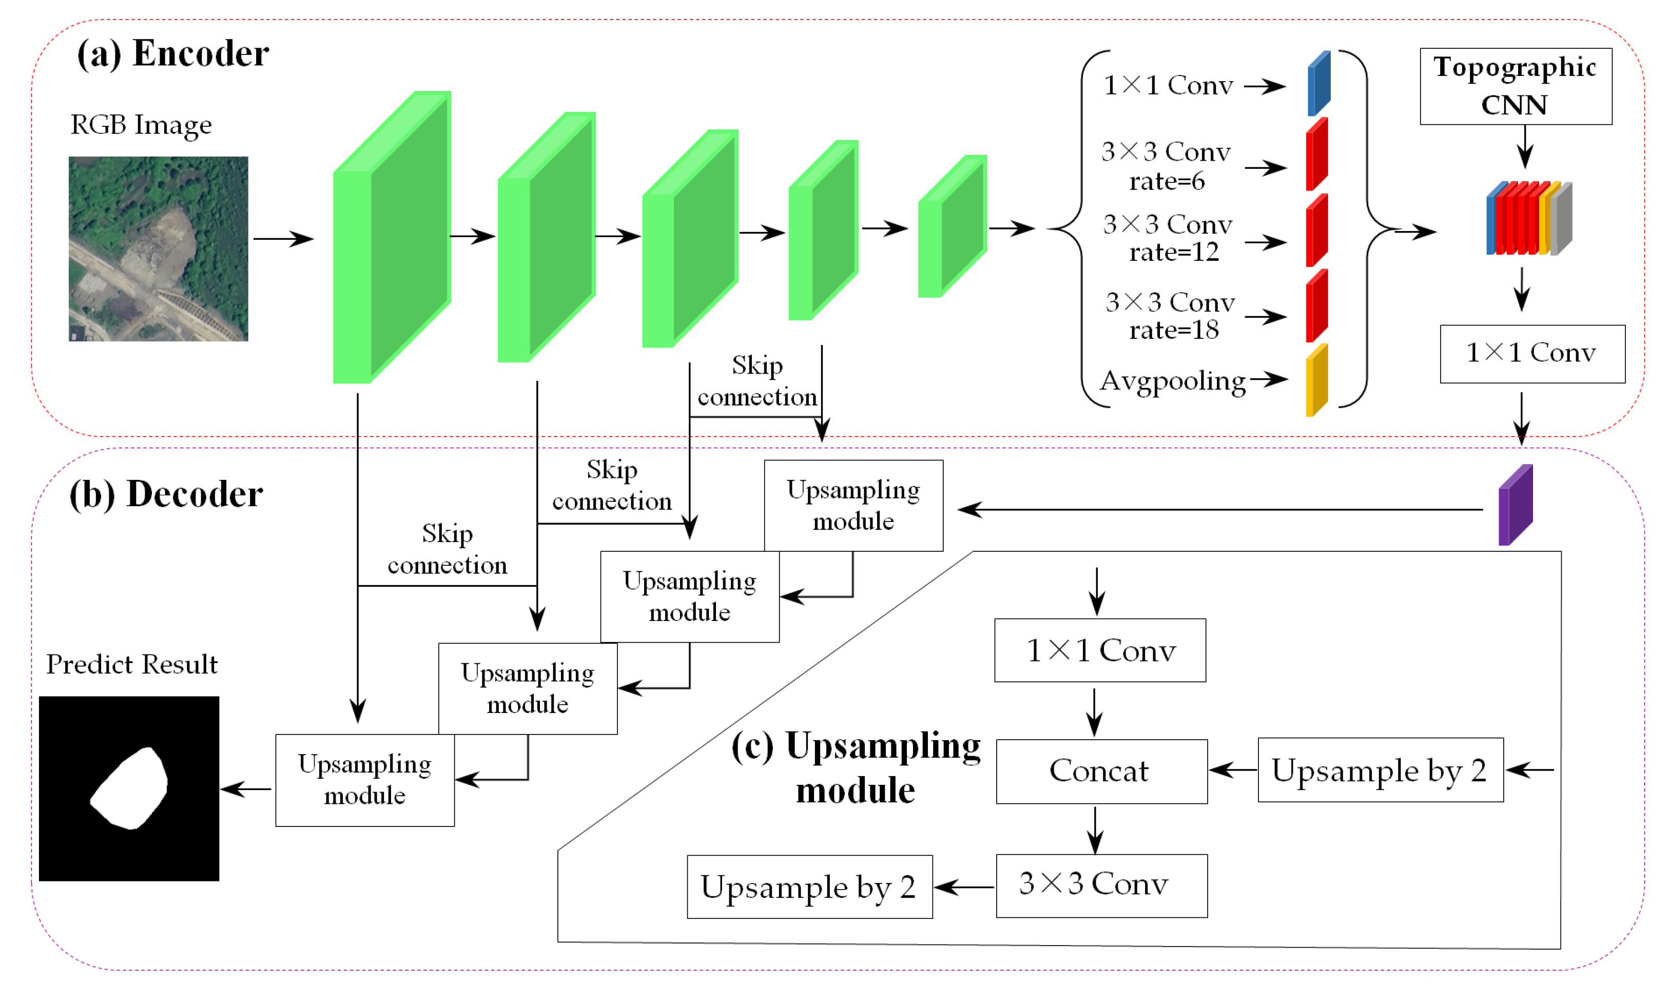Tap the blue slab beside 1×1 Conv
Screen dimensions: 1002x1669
[x=1318, y=84]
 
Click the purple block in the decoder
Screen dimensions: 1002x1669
[x=1515, y=505]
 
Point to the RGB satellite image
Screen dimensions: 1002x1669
[x=158, y=248]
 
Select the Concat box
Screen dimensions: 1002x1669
[x=1101, y=771]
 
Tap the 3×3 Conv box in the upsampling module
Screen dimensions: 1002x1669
[x=1101, y=885]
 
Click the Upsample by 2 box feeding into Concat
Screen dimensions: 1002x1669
[x=1380, y=770]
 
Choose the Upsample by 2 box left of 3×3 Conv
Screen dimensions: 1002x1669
[x=809, y=887]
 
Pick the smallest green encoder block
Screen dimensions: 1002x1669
[x=952, y=226]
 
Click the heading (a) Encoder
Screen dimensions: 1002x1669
[x=173, y=53]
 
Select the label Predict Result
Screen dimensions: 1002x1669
[x=131, y=664]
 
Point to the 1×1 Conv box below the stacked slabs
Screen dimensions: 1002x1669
[x=1531, y=354]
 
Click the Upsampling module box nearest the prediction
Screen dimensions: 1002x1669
[x=364, y=780]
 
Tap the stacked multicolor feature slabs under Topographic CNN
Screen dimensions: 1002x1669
[x=1528, y=218]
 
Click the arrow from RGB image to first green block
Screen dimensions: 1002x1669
[x=283, y=238]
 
